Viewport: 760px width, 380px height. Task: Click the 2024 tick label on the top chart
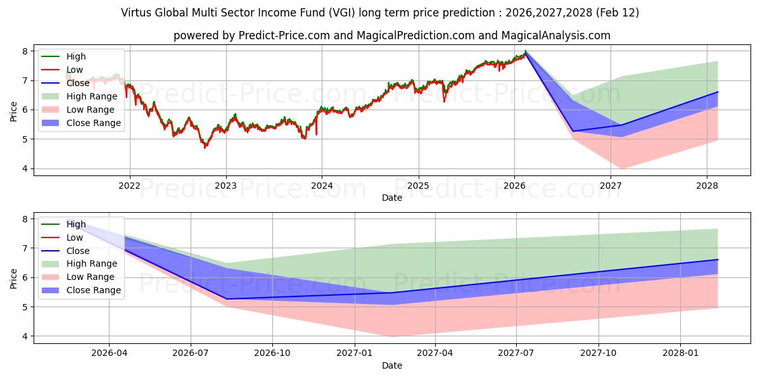322,186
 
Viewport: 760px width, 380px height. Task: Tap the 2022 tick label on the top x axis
130,186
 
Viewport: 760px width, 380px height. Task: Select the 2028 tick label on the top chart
707,186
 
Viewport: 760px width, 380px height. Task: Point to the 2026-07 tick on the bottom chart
191,353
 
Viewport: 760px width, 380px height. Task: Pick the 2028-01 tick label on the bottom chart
680,353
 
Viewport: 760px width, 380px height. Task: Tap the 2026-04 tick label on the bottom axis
109,353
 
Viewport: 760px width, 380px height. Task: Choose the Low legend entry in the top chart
75,70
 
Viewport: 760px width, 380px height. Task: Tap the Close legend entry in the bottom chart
78,251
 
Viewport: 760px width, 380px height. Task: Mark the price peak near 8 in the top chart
525,51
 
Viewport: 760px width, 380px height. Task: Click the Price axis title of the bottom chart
13,277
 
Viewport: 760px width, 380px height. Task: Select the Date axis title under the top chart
391,198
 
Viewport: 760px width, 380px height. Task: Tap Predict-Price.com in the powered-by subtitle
284,35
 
